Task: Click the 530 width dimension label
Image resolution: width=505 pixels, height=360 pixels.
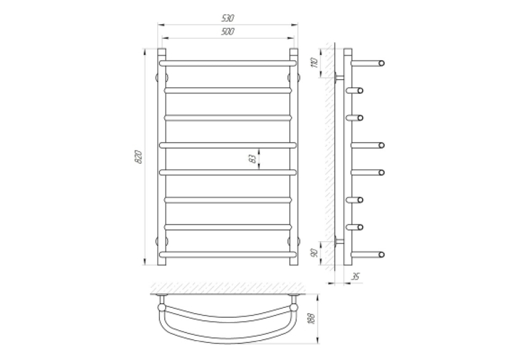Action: [228, 18]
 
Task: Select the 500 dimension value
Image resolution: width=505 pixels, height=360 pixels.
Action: [228, 32]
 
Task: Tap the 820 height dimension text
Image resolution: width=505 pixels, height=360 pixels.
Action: [139, 157]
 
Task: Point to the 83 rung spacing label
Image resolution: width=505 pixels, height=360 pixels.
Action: [253, 159]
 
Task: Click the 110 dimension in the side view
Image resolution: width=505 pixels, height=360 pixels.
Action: [315, 63]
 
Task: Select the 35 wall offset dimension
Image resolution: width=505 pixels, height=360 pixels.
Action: [356, 277]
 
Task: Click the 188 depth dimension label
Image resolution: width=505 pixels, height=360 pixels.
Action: [312, 318]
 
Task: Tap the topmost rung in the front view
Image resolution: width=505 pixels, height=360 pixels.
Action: [228, 63]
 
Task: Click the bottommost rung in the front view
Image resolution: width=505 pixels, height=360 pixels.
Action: [228, 254]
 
